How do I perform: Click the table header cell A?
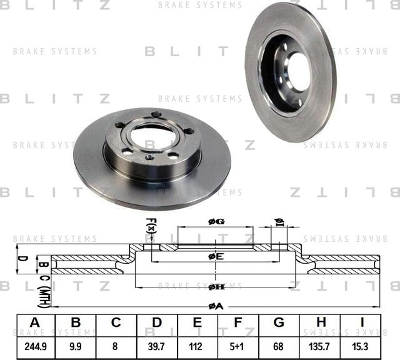34,322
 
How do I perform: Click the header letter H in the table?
321,322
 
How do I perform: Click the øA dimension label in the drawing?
215,306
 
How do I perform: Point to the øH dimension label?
216,286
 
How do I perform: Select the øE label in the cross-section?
216,256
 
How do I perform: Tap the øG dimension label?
216,221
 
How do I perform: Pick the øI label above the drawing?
280,221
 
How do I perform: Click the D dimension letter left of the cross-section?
20,258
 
